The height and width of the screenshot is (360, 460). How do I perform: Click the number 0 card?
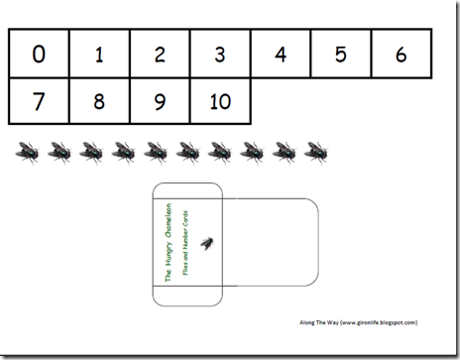click(x=39, y=54)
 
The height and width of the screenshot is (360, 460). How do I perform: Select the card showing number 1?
click(x=99, y=54)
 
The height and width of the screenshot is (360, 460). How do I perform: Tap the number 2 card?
click(x=160, y=54)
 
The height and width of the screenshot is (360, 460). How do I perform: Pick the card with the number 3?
click(x=220, y=54)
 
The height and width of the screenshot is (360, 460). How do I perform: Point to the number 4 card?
click(x=281, y=54)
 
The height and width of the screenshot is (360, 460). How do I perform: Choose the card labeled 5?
click(x=341, y=54)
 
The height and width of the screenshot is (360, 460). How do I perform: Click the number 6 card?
click(x=402, y=54)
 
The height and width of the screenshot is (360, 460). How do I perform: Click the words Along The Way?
click(x=320, y=322)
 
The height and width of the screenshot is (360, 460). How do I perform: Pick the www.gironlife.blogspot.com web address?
click(x=381, y=322)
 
